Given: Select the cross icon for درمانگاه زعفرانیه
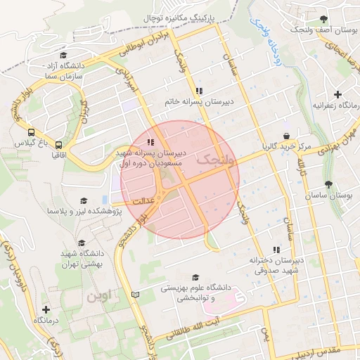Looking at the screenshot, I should [x=338, y=94].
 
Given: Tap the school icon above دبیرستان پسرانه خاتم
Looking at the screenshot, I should [x=199, y=91].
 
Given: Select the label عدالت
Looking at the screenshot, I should [x=139, y=200].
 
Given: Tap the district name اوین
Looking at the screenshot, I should [x=98, y=296].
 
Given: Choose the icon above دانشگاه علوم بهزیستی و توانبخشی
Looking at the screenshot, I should [x=195, y=277].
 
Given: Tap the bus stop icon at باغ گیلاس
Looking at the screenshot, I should [x=30, y=132].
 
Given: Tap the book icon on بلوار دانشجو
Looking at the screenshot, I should [x=136, y=294].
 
